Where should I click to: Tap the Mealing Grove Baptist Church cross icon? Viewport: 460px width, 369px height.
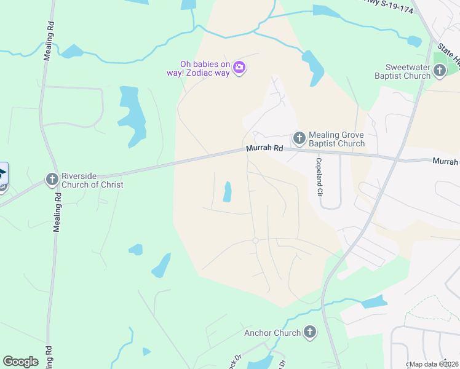pyautogui.click(x=299, y=137)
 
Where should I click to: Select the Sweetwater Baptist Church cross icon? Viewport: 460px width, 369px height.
pyautogui.click(x=439, y=71)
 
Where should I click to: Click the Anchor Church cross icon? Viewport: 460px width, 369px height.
pyautogui.click(x=310, y=333)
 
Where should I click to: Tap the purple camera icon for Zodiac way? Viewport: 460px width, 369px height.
pyautogui.click(x=240, y=68)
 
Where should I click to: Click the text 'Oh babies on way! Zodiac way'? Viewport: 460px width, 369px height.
pyautogui.click(x=204, y=68)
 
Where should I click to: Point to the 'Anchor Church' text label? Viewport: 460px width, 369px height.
pyautogui.click(x=272, y=333)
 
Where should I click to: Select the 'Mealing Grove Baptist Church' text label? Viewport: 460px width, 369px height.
pyautogui.click(x=336, y=139)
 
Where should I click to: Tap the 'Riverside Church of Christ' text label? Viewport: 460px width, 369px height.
pyautogui.click(x=92, y=180)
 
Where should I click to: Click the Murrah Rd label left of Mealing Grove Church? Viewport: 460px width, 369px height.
pyautogui.click(x=264, y=149)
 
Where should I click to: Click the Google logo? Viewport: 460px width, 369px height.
pyautogui.click(x=20, y=362)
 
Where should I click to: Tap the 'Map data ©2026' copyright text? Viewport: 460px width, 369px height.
pyautogui.click(x=434, y=364)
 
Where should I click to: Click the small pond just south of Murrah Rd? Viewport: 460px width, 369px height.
pyautogui.click(x=228, y=192)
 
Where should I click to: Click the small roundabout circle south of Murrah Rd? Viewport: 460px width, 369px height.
pyautogui.click(x=255, y=240)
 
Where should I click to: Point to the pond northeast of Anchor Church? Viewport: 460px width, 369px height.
pyautogui.click(x=374, y=301)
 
